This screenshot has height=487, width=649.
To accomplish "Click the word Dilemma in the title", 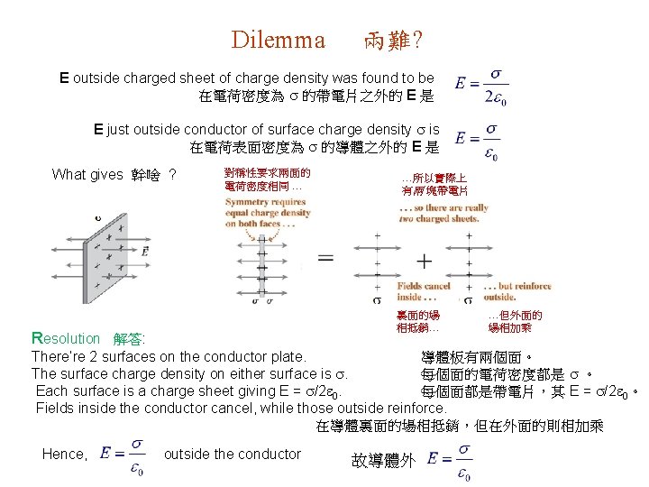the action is pyautogui.click(x=278, y=40).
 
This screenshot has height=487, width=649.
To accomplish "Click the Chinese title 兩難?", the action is pyautogui.click(x=395, y=41).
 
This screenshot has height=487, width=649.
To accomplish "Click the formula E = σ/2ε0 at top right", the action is pyautogui.click(x=481, y=86).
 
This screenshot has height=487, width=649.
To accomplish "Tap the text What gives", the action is pyautogui.click(x=88, y=174).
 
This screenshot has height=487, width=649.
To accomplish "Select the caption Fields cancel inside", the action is pyautogui.click(x=424, y=290).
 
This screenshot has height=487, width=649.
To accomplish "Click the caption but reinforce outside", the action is pyautogui.click(x=516, y=290).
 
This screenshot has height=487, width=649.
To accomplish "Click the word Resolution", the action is pyautogui.click(x=66, y=338).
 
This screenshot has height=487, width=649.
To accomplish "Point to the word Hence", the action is pyautogui.click(x=65, y=455).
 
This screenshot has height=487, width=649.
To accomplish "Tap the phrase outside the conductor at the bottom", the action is pyautogui.click(x=233, y=454).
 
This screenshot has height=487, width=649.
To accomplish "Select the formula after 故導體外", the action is pyautogui.click(x=451, y=460).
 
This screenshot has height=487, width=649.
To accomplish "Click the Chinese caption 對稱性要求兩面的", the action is pyautogui.click(x=267, y=172).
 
